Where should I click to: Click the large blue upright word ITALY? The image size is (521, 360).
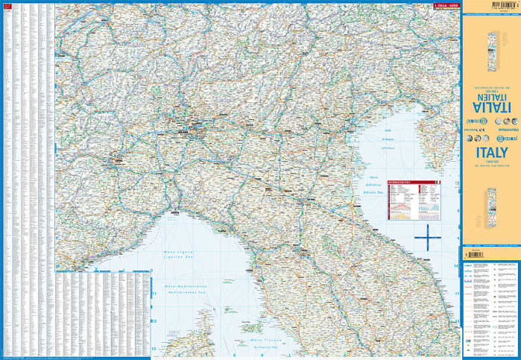(x=490, y=151)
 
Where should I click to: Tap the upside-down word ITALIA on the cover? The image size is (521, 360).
(x=490, y=97)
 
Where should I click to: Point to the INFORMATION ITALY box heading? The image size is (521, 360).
(x=402, y=181)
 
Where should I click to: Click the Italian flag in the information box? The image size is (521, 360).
(x=438, y=182)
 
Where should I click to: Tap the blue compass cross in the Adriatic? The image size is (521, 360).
(x=428, y=239)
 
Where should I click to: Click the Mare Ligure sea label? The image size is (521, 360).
(x=179, y=253)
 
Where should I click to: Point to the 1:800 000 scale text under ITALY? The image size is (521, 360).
(x=490, y=162)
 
